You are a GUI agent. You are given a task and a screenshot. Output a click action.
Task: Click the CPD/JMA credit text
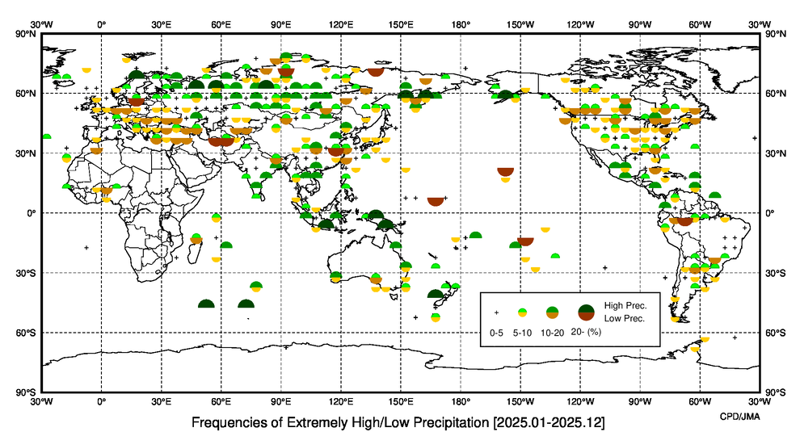[x=739, y=415]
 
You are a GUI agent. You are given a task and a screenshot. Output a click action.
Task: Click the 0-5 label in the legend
[x=496, y=333]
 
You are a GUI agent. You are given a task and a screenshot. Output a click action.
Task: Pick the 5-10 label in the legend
[x=523, y=333]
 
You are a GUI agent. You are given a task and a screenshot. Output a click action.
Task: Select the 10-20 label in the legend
[x=551, y=333]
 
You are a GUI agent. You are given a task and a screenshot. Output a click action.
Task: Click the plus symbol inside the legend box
[x=496, y=312]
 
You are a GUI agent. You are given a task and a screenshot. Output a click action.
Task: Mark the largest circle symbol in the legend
[x=587, y=312]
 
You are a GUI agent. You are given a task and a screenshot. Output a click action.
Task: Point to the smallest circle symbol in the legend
[x=523, y=312]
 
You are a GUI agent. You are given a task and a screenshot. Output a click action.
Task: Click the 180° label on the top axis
[x=461, y=25]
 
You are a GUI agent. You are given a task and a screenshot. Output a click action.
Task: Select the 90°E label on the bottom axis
[x=281, y=400]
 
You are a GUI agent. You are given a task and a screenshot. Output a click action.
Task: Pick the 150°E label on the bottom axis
[x=401, y=400]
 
